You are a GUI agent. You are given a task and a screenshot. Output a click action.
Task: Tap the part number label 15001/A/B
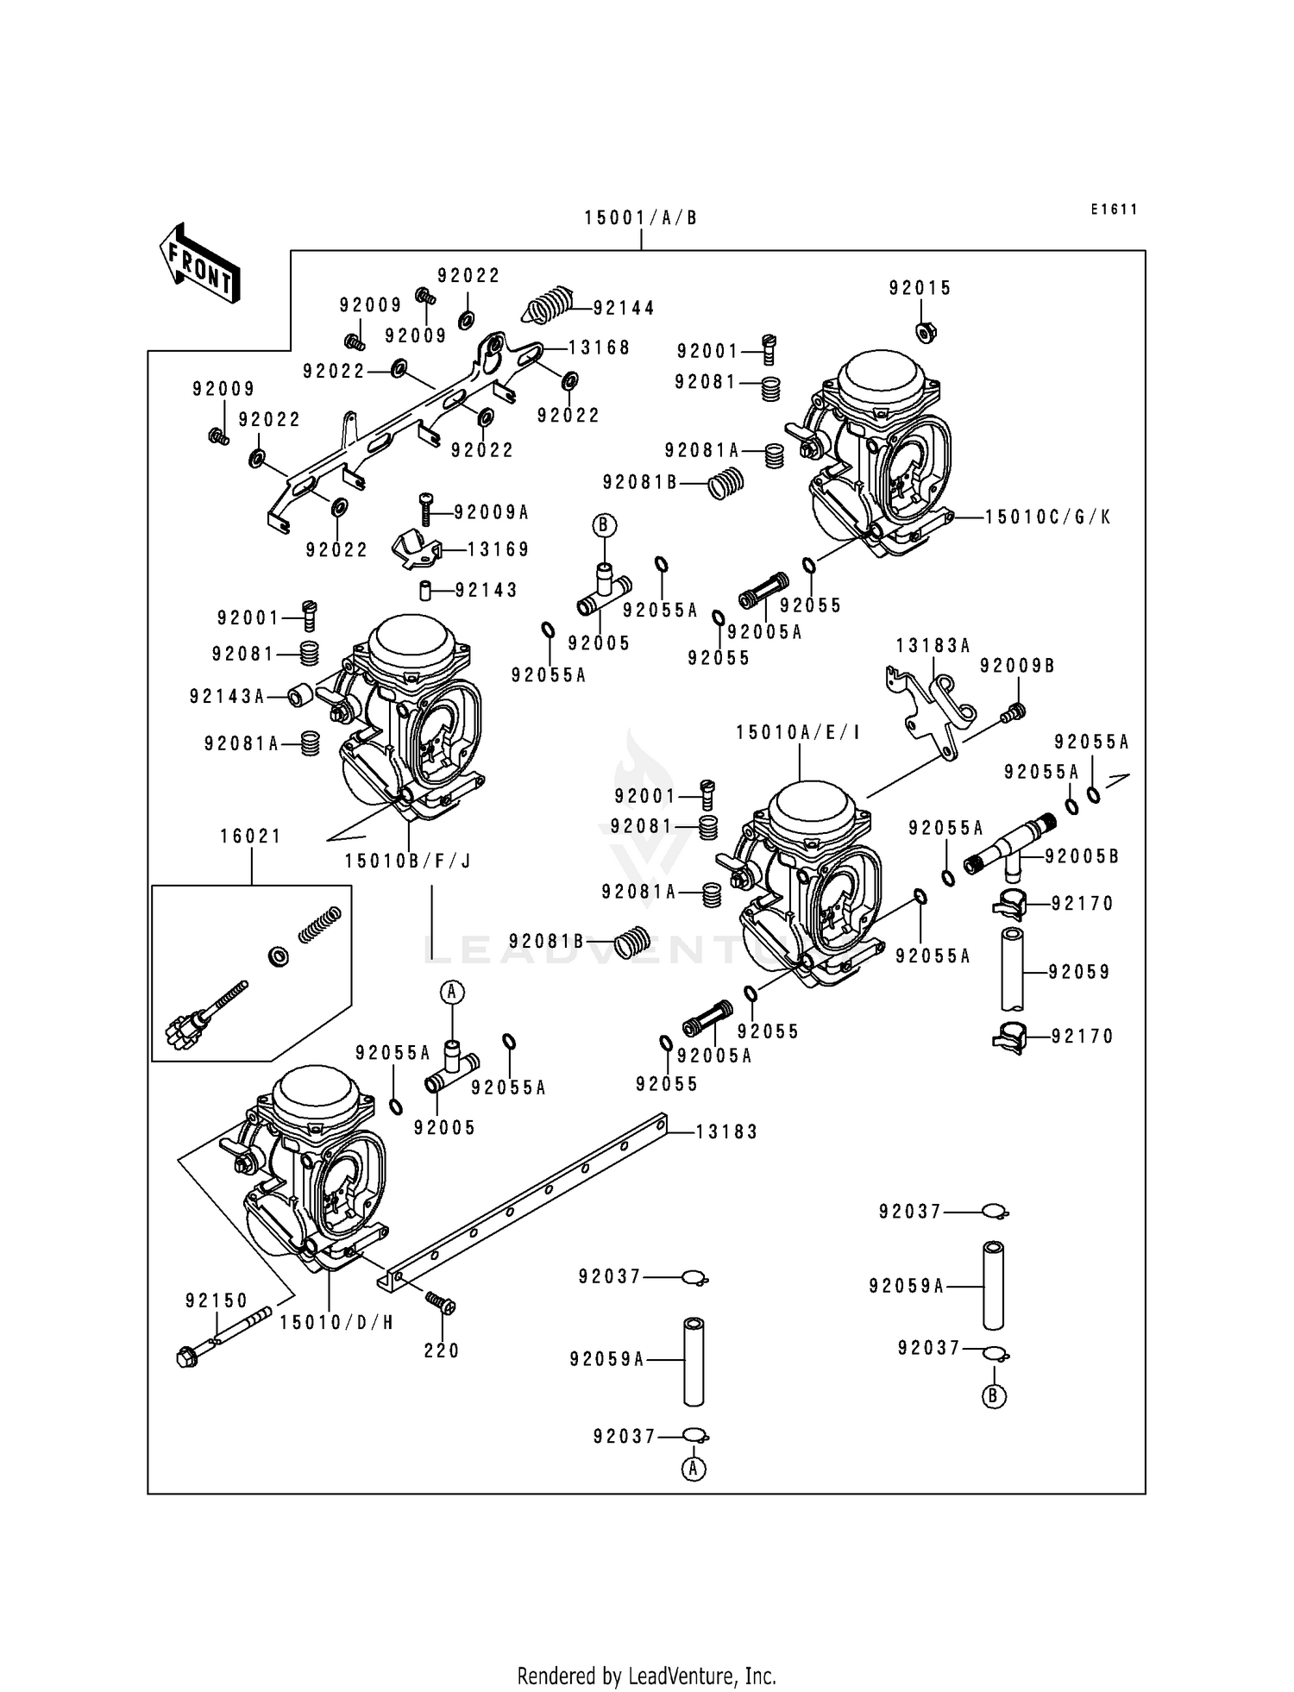point(640,218)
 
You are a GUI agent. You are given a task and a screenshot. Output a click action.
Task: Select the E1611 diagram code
point(1114,210)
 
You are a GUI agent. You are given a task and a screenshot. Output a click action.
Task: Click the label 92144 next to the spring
point(624,308)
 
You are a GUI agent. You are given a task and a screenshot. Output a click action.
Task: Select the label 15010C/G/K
point(1048,517)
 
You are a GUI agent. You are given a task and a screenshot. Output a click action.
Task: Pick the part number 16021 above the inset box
point(251,836)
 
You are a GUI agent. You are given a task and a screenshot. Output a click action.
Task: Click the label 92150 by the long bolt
point(217,1300)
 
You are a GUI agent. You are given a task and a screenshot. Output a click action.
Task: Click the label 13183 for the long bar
point(726,1131)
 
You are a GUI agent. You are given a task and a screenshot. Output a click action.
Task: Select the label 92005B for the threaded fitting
point(1082,856)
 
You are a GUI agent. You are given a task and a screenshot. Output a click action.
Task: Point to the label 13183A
point(933,645)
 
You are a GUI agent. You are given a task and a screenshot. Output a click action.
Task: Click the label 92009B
point(1017,666)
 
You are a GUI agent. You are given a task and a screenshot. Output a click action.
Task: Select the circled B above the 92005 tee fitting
point(605,524)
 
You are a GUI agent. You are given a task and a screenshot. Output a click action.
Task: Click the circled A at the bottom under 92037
point(694,1469)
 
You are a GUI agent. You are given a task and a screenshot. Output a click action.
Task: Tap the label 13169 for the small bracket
point(499,549)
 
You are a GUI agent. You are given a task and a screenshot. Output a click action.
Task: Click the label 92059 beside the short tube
point(1079,972)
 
